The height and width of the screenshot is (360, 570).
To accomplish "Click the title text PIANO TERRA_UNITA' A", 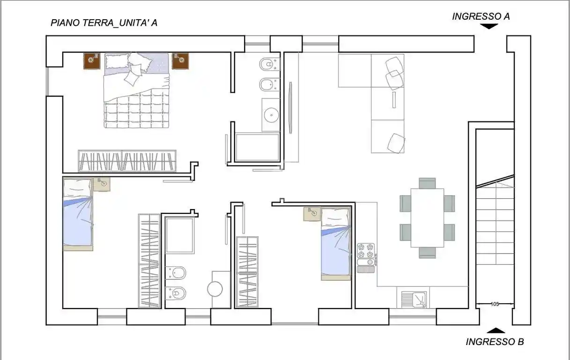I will [104, 22].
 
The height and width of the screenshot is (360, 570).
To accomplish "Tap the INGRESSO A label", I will [481, 16].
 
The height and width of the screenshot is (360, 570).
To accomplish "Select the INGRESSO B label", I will [494, 342].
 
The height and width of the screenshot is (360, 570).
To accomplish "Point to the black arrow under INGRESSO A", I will [489, 27].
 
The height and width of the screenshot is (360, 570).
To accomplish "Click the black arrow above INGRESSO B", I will [496, 330].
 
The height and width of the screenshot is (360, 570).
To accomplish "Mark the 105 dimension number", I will [495, 304].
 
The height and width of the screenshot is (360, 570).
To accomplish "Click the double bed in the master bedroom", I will [136, 90].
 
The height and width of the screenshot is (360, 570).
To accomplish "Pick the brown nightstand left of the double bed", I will [92, 60].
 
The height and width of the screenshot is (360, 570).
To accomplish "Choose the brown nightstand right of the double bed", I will [180, 60].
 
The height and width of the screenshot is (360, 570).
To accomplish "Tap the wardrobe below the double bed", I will [127, 161].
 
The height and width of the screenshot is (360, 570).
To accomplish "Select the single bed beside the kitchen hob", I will [336, 244].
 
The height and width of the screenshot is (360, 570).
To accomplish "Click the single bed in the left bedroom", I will [78, 214].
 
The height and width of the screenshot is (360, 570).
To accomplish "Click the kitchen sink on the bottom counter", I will [415, 299].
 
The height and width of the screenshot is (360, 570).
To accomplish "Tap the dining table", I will [427, 217].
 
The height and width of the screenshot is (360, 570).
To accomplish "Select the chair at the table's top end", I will [427, 182].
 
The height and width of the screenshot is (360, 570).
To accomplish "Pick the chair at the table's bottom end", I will [427, 253].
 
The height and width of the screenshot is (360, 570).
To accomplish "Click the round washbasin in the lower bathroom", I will [215, 289].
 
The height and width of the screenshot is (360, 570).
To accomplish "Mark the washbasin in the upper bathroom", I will [271, 114].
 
